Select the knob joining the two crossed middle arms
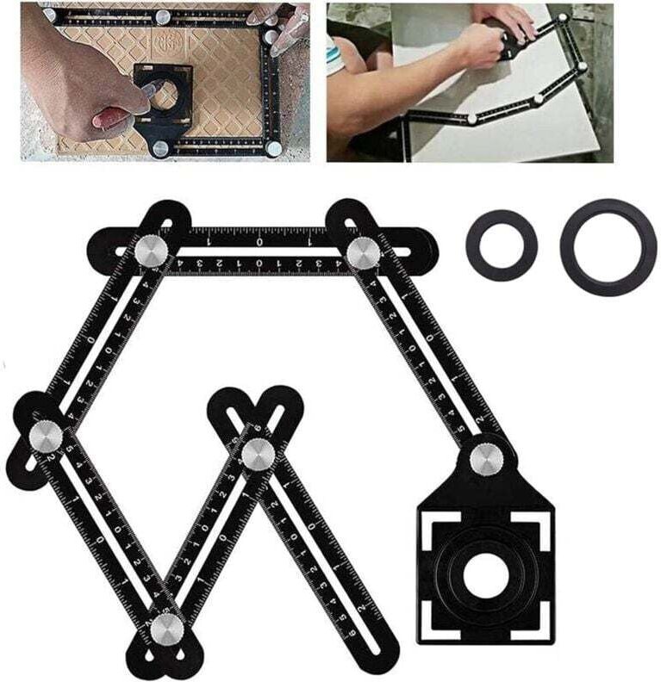(x=257, y=455)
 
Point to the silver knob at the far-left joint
(x=44, y=437)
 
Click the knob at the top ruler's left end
(x=153, y=251)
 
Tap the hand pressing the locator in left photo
(x=103, y=116)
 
